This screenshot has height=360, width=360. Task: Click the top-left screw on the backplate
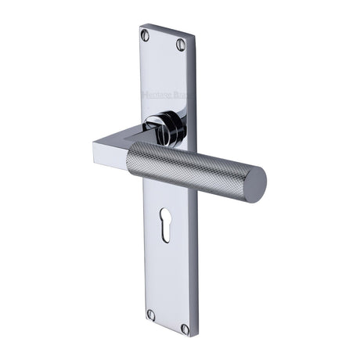pos(145,34)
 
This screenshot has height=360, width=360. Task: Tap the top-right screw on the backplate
pos(181,45)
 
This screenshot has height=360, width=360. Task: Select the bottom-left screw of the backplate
pos(152,315)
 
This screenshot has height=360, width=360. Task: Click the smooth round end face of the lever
pos(252,185)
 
